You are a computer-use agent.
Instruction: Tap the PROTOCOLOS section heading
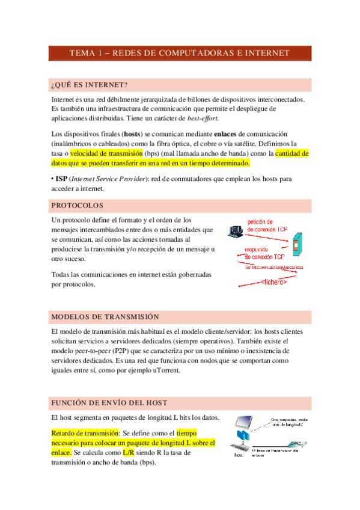pyautogui.click(x=78, y=206)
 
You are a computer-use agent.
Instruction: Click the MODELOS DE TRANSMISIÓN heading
pyautogui.click(x=105, y=317)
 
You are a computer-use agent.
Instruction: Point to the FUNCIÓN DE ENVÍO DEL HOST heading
pyautogui.click(x=109, y=402)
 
